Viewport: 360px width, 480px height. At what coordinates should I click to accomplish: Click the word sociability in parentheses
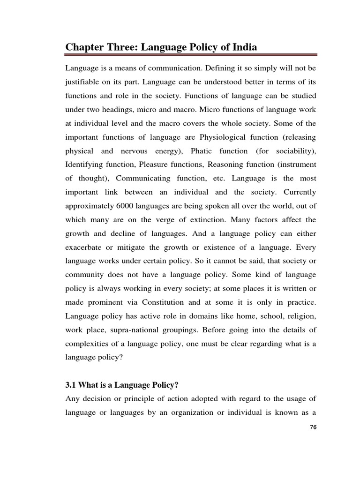coord(295,151)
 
